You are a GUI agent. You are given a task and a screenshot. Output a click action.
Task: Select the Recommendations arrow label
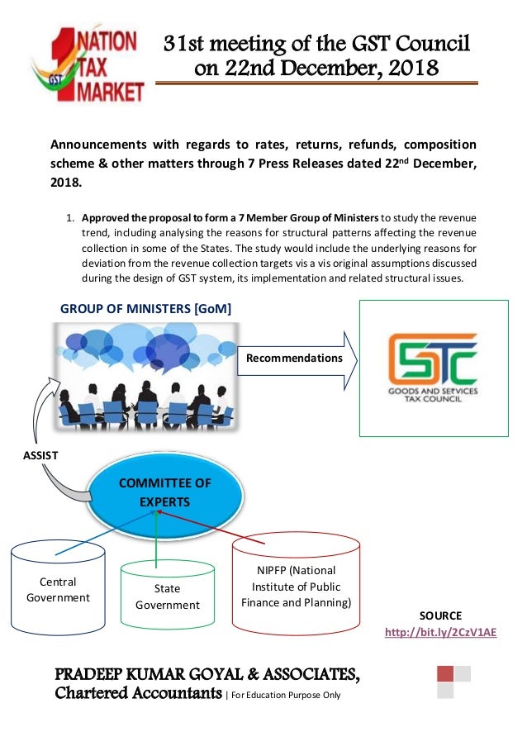294,358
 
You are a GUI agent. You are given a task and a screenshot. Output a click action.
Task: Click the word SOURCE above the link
440,615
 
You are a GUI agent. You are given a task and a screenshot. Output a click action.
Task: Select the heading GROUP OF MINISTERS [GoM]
145,308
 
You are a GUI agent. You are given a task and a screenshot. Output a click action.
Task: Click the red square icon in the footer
445,673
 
